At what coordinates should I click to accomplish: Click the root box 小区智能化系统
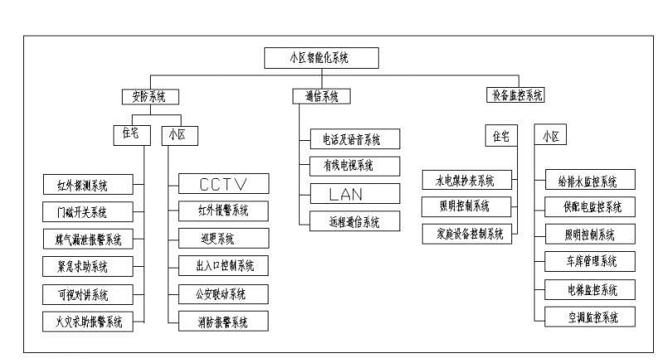point(321,58)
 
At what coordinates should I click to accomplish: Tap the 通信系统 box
point(321,96)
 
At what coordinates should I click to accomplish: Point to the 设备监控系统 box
point(514,95)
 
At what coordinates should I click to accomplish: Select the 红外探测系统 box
point(86,184)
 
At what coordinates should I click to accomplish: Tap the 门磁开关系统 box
point(86,211)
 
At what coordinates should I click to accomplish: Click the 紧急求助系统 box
point(86,266)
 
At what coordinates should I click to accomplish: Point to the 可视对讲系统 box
point(86,293)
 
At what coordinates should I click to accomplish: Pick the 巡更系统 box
point(223,239)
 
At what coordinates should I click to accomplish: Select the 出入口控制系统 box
point(223,266)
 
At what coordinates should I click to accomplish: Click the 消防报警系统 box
point(223,321)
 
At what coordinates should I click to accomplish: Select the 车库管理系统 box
point(590,261)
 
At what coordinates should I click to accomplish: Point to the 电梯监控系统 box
point(590,289)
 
